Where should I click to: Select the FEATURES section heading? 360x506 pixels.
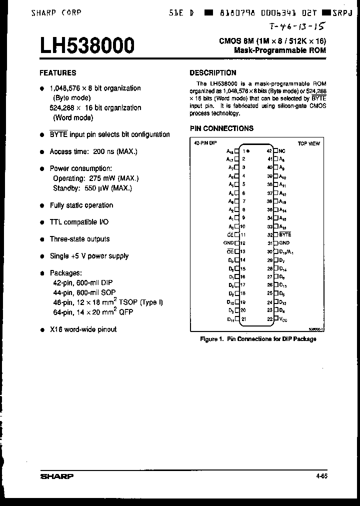click(58, 72)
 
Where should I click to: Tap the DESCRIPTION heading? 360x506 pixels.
click(213, 72)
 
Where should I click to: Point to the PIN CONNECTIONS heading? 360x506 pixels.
click(221, 128)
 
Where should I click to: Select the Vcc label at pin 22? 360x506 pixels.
click(282, 319)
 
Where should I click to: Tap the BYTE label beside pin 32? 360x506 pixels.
click(284, 234)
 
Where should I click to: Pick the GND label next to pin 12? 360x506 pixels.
click(228, 243)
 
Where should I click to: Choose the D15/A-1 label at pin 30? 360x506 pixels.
click(286, 251)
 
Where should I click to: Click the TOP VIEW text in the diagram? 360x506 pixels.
click(308, 143)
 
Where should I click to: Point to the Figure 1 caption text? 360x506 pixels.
click(258, 339)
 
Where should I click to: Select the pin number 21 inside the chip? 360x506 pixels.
click(243, 319)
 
